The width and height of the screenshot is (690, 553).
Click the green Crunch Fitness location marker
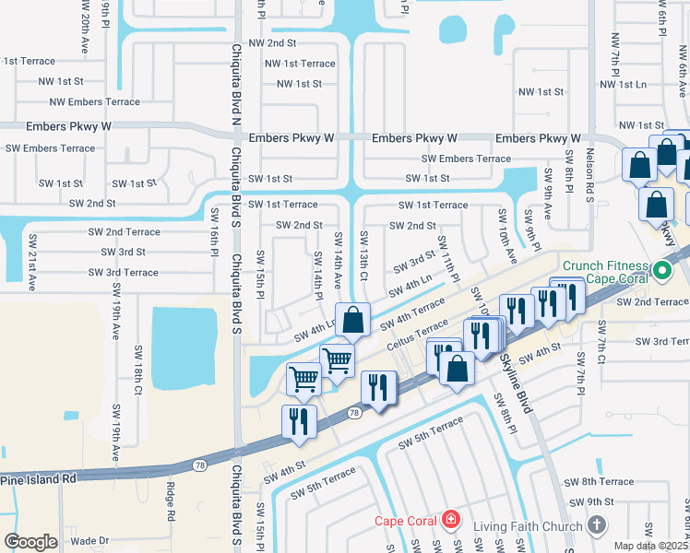click(x=660, y=271)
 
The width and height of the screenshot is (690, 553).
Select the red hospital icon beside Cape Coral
click(x=450, y=521)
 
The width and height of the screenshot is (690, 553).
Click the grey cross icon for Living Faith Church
click(x=596, y=526)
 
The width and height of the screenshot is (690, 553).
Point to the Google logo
click(x=30, y=542)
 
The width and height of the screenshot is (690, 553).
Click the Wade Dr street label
click(x=89, y=541)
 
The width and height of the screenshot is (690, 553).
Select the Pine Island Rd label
click(x=38, y=479)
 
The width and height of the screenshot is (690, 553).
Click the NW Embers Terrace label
click(x=95, y=102)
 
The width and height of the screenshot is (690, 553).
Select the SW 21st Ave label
click(x=32, y=263)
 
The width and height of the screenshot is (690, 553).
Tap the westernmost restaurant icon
click(x=299, y=421)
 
